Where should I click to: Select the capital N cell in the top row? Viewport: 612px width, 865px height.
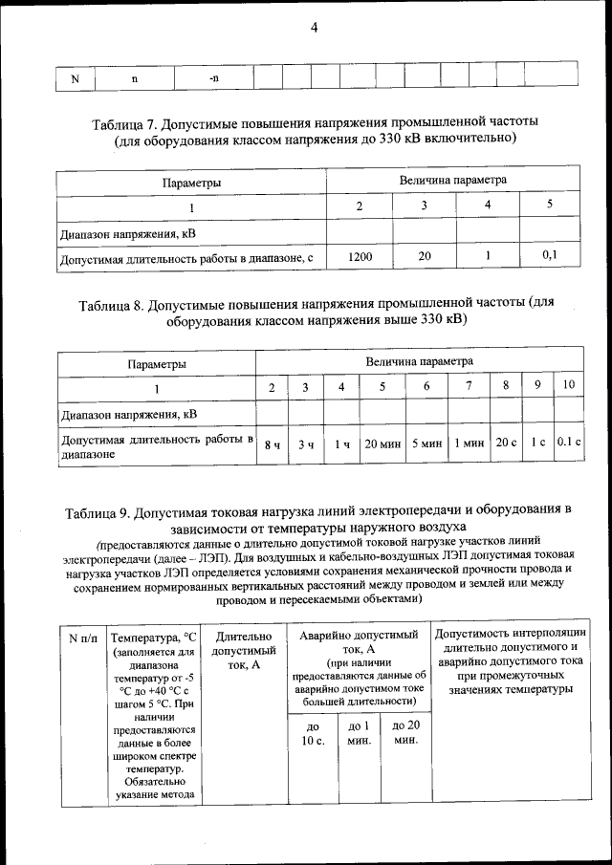coord(75,77)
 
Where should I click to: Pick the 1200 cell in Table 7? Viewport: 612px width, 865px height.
coord(360,256)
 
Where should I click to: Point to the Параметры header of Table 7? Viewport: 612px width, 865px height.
coord(191,182)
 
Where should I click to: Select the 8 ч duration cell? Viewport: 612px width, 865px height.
coord(273,444)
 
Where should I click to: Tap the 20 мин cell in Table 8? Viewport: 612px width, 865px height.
coord(382,444)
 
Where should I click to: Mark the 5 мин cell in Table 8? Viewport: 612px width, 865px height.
coord(426,444)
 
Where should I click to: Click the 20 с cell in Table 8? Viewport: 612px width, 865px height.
coord(505,444)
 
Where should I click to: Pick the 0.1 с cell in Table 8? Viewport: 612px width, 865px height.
coord(569,444)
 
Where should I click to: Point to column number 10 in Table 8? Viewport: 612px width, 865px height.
coord(569,386)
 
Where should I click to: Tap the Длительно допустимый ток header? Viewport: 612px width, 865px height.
coord(245,650)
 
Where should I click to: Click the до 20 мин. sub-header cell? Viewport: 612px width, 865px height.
coord(406,733)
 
